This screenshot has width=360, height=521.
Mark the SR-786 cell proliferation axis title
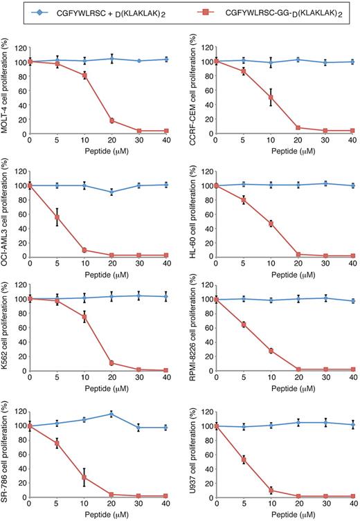6,458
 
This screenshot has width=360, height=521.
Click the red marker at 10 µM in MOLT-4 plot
84,75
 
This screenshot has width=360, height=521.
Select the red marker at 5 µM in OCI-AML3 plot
57,217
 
